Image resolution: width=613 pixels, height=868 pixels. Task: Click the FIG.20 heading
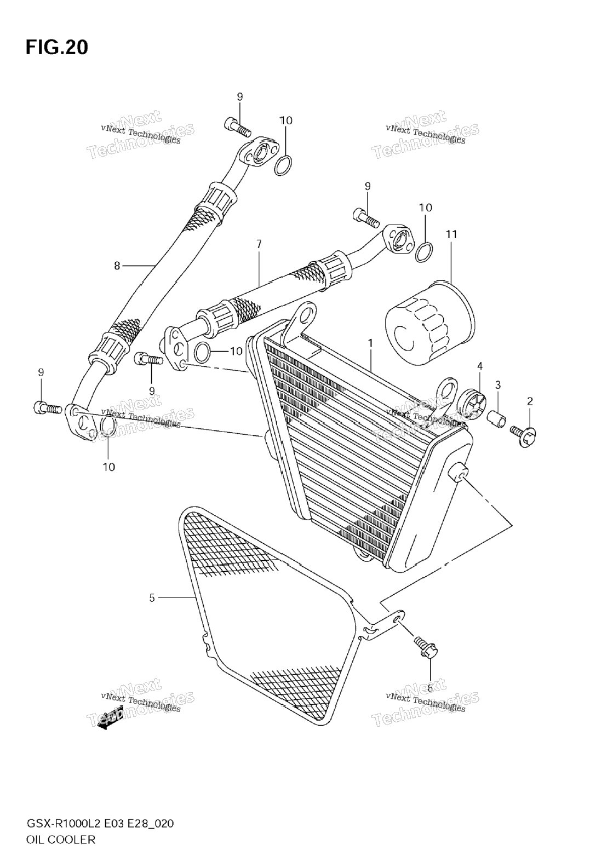[57, 47]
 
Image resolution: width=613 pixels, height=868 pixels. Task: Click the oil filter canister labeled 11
[429, 323]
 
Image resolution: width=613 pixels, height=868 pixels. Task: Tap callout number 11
[451, 234]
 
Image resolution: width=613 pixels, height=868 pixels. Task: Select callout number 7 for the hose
[259, 244]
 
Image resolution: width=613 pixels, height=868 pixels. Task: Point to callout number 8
[117, 266]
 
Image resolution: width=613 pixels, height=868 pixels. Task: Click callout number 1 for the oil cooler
[370, 343]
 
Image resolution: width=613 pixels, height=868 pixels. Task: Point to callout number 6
[429, 688]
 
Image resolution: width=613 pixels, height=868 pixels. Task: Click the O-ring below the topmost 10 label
[283, 165]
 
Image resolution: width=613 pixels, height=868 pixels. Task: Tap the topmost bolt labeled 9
[237, 128]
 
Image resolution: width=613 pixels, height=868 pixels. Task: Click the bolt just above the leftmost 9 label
[48, 407]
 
